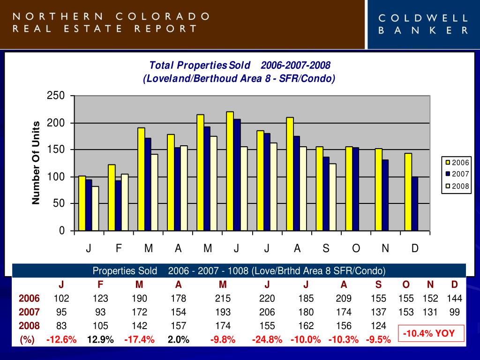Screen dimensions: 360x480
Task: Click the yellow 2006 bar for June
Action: (x=230, y=171)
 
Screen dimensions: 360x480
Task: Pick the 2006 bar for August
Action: (x=290, y=174)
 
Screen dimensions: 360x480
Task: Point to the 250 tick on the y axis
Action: (x=56, y=96)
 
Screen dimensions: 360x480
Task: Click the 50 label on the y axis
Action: (x=59, y=204)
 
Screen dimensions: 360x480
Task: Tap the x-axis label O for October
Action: (x=356, y=248)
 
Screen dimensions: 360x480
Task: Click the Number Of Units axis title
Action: (x=36, y=163)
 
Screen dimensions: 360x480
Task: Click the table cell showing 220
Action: (x=267, y=299)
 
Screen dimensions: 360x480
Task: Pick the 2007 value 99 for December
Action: (x=454, y=312)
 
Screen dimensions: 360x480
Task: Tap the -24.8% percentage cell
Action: (x=267, y=339)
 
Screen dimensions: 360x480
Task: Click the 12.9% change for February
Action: (x=100, y=339)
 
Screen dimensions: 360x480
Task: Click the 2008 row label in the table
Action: (x=29, y=326)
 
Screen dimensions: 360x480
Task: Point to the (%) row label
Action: (x=27, y=339)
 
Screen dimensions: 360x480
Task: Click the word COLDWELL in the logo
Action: (x=423, y=19)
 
